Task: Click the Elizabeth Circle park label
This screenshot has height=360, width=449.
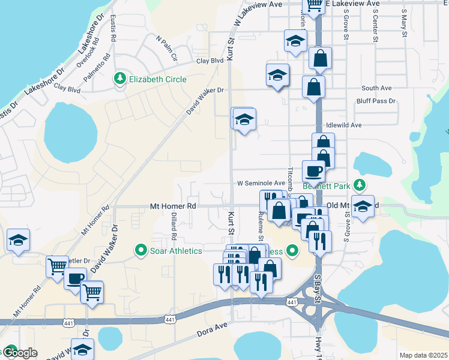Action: coord(158,79)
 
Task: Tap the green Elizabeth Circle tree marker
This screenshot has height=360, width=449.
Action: coord(120,79)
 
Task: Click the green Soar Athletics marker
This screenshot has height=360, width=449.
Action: coord(142,250)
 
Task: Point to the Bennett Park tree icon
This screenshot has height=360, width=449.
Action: coord(360,185)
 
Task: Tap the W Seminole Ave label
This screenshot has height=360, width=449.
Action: coord(261,183)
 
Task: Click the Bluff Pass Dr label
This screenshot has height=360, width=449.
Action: coord(376,101)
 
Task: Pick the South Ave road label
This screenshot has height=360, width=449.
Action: coord(376,88)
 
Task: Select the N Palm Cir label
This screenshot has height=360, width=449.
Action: coord(167,49)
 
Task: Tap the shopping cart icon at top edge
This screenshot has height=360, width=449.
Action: coord(314,5)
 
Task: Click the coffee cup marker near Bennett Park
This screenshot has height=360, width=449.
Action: coord(313,172)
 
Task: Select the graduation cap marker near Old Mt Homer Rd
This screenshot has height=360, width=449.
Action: coord(362,207)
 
